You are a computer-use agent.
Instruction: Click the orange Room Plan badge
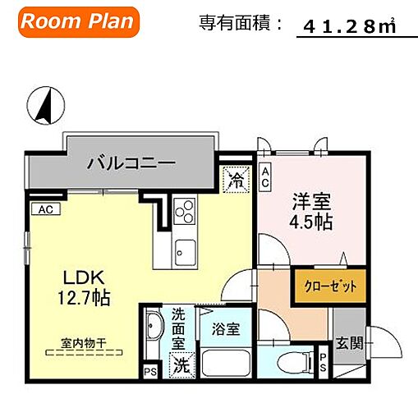[76, 22]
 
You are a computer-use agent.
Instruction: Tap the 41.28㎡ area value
[349, 27]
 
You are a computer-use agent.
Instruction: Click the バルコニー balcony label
[131, 163]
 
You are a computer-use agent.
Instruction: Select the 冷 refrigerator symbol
[236, 177]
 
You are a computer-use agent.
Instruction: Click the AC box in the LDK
[46, 209]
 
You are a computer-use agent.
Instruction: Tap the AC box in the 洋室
[264, 175]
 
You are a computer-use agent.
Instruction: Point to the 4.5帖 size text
[312, 222]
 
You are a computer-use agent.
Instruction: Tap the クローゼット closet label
[320, 288]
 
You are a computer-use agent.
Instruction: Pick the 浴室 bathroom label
[225, 329]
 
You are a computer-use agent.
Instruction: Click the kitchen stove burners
[184, 213]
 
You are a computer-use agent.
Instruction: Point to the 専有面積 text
[239, 23]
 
